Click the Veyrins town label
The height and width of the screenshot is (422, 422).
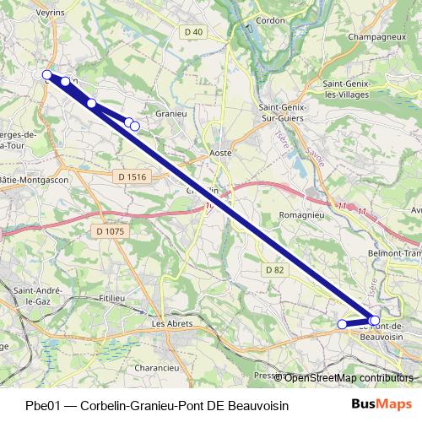tap(51, 14)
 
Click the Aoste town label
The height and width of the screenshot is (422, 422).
tap(221, 154)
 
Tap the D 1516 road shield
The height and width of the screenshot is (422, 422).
tap(133, 176)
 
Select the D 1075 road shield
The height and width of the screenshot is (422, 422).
tap(110, 230)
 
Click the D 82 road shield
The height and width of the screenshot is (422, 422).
tap(273, 269)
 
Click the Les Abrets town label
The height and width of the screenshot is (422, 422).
tap(171, 323)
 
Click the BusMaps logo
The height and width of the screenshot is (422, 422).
tap(387, 404)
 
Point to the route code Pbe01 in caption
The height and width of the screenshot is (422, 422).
tap(43, 405)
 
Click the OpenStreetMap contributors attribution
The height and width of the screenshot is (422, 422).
tap(349, 378)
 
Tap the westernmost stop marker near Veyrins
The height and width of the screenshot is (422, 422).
tap(48, 76)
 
